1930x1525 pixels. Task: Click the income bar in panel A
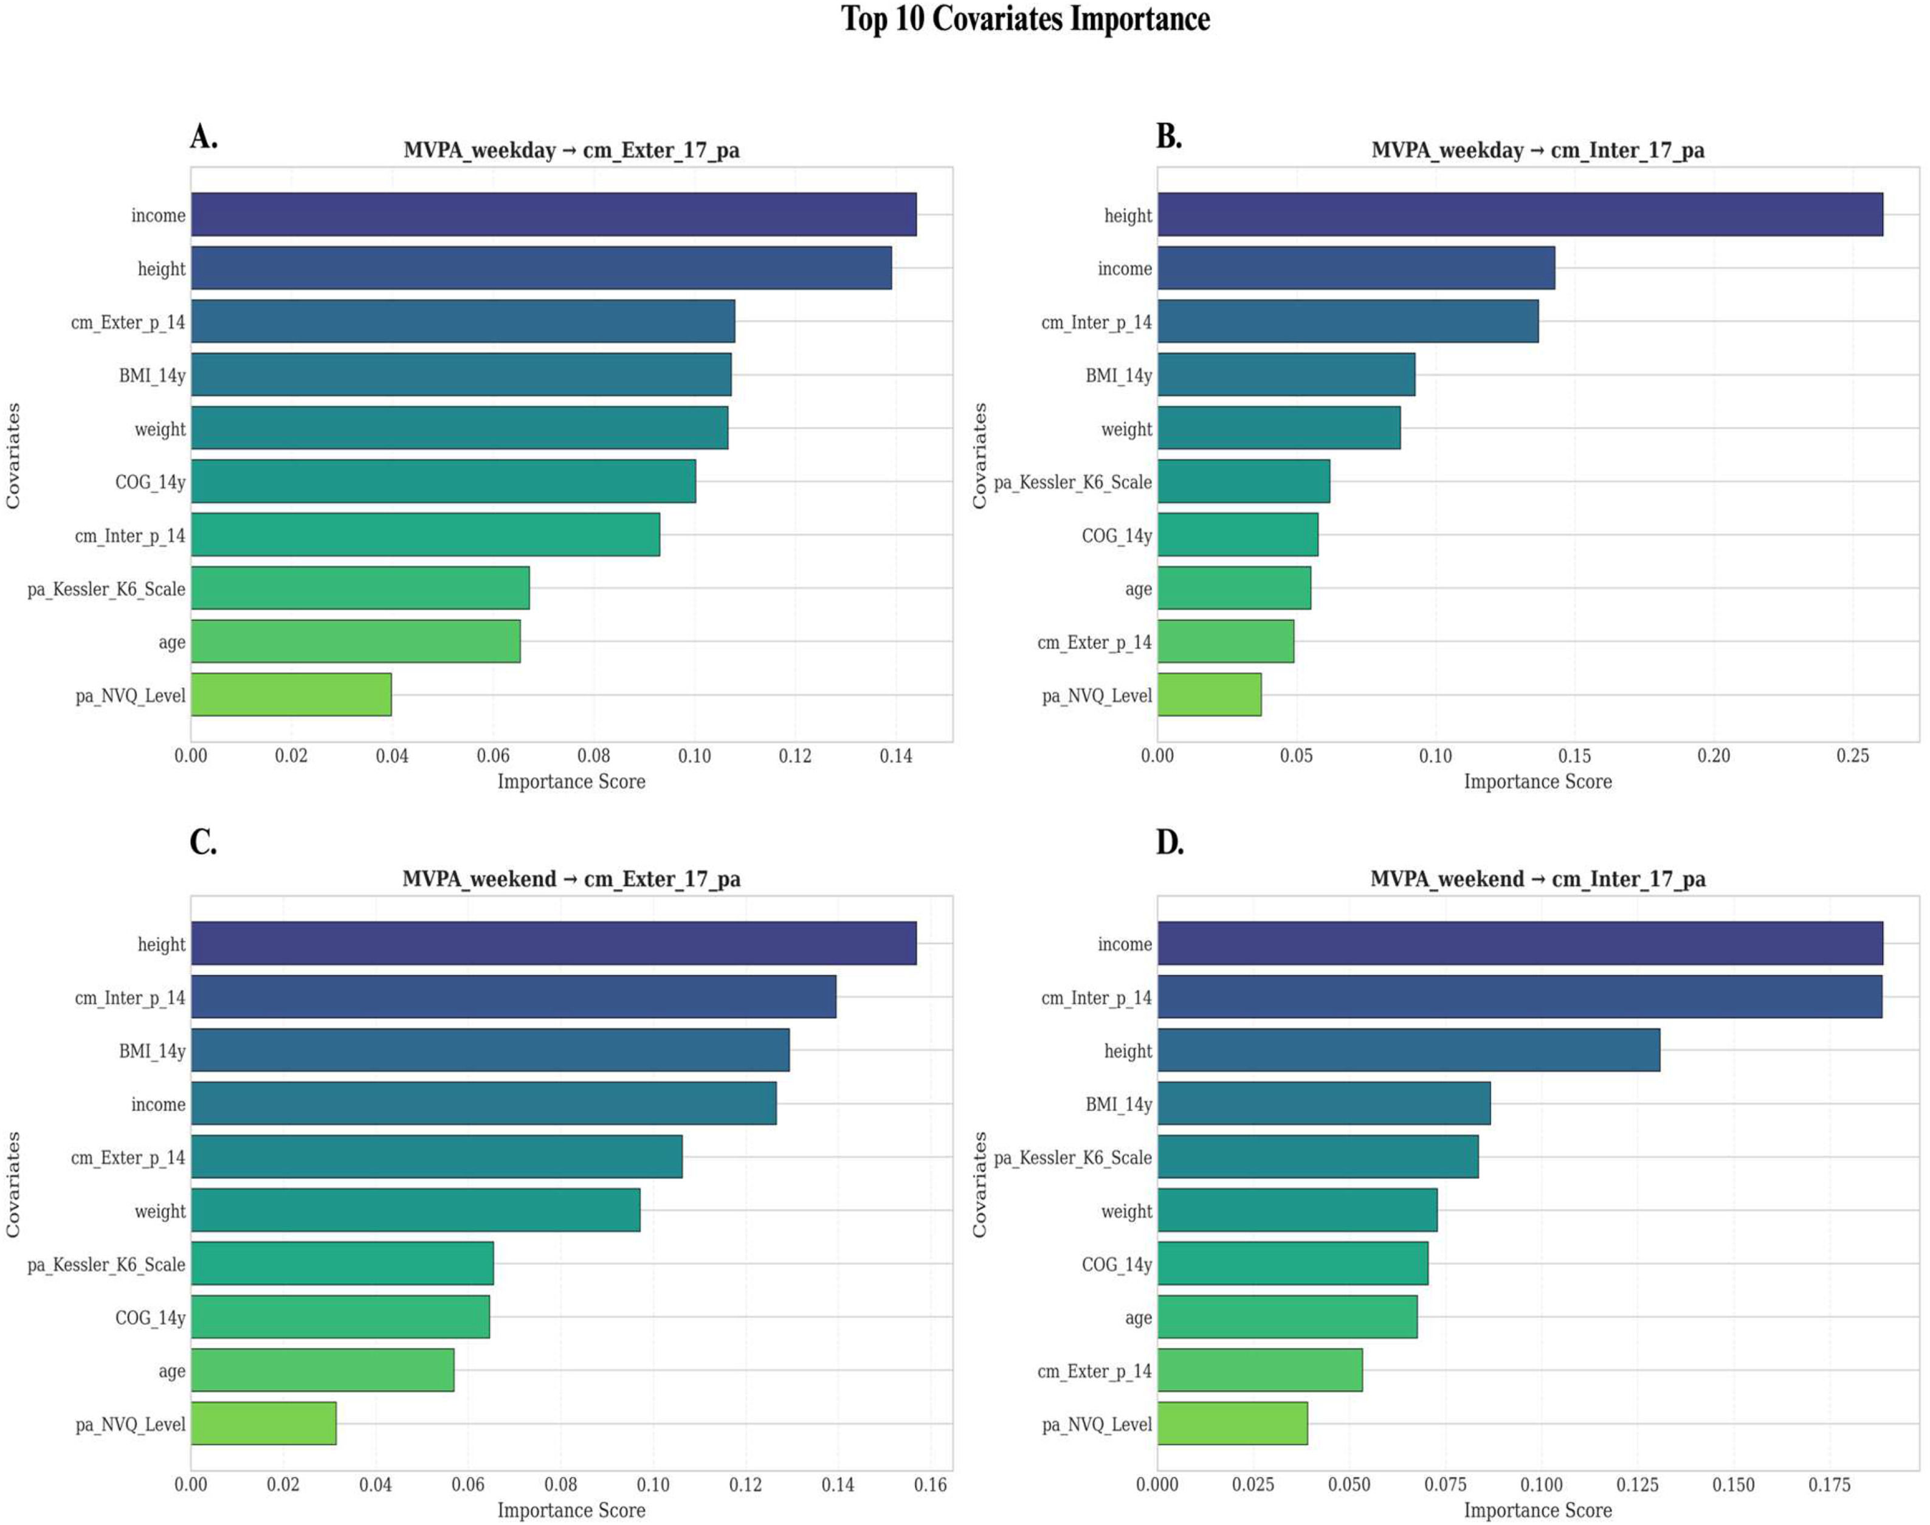[x=553, y=214]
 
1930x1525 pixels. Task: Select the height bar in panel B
[x=1520, y=214]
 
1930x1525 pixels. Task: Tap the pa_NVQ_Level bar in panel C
[x=263, y=1423]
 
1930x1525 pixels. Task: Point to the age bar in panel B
[x=1235, y=587]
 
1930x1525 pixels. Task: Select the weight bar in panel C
[x=415, y=1210]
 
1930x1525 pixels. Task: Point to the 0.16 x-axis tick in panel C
[x=930, y=1485]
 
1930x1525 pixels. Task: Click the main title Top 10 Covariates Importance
[x=1025, y=19]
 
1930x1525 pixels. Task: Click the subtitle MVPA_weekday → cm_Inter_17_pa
[x=1538, y=150]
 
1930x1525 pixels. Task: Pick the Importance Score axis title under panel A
[x=571, y=782]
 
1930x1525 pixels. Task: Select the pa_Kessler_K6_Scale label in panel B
[x=1073, y=482]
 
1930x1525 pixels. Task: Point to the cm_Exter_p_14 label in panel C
[x=128, y=1158]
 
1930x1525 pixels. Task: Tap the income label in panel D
[x=1125, y=944]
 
